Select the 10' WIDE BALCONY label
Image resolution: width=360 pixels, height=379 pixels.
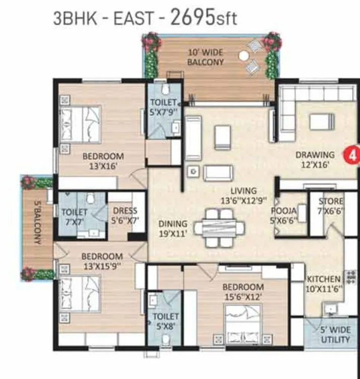coord(205,57)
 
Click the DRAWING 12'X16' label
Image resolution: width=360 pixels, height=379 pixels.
coord(315,160)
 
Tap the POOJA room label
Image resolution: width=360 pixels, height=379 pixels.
coord(283,214)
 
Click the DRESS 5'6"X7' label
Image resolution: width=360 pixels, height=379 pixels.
coord(125,216)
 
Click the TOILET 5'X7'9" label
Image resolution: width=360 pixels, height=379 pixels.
coord(163,107)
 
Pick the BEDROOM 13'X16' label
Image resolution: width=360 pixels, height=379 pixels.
coord(103,160)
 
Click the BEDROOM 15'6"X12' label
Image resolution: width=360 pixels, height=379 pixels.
coord(243,292)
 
